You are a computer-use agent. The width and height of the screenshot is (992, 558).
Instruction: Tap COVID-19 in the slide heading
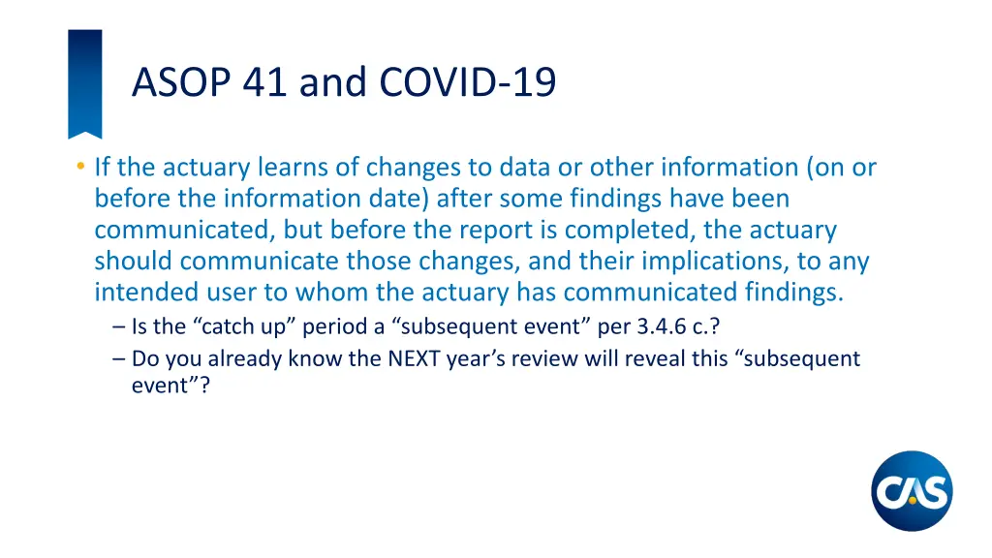pos(468,82)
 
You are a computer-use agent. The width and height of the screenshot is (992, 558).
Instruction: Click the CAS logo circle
pos(912,491)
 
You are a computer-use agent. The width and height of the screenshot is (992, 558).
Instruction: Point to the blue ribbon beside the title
pos(84,82)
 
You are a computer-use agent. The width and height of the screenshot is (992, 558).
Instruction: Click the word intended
pos(147,293)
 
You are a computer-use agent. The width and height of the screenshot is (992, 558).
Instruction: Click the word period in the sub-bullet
pos(337,327)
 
